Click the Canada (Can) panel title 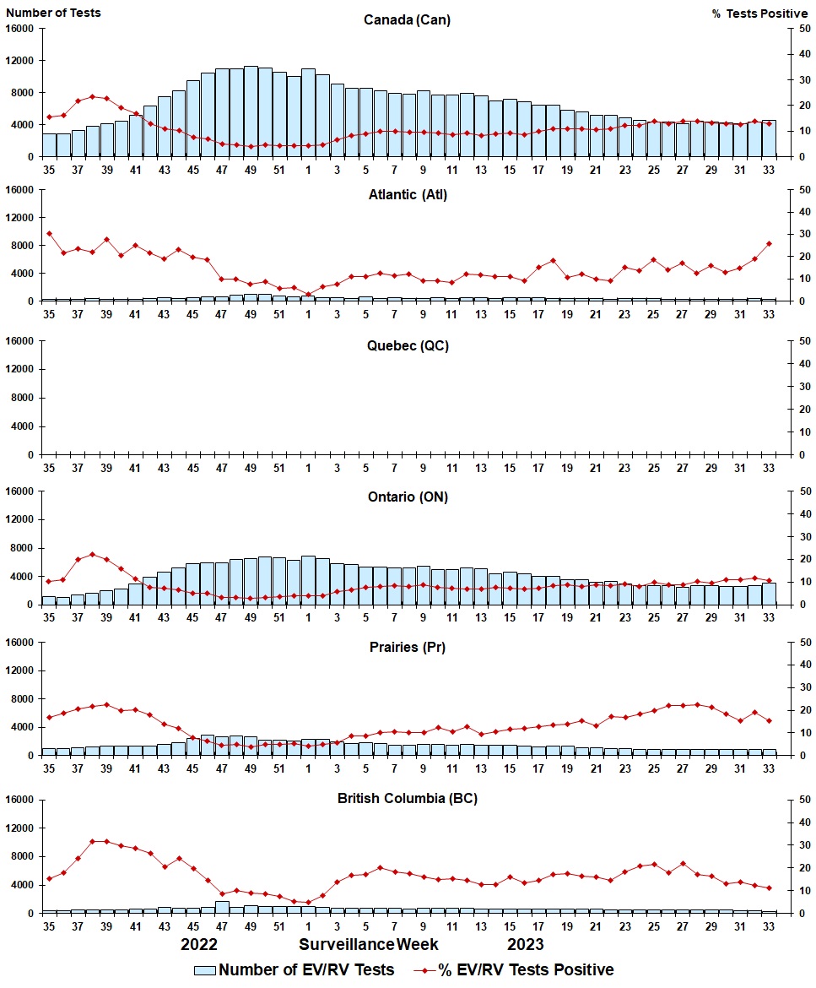[407, 19]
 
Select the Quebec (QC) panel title [408, 346]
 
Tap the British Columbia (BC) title [408, 798]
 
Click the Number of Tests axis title [53, 13]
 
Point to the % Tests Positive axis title [760, 14]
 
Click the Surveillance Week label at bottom [368, 945]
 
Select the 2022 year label [199, 945]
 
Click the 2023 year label [526, 945]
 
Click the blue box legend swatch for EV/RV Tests [204, 970]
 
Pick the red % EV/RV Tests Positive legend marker [424, 970]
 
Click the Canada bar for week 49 [251, 111]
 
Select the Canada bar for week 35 [49, 145]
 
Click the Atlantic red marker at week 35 [49, 233]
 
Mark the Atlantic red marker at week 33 [769, 244]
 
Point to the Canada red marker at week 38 [93, 97]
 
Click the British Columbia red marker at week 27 [683, 864]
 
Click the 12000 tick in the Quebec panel [20, 369]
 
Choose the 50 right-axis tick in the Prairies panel [805, 643]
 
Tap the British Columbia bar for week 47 [222, 907]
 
